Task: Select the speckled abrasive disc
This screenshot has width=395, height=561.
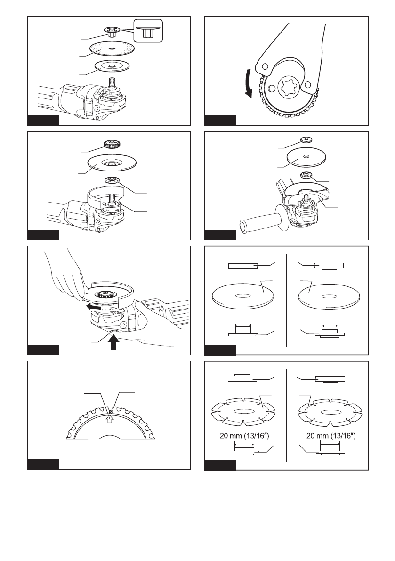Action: point(113,49)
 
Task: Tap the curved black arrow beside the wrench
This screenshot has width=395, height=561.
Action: point(249,85)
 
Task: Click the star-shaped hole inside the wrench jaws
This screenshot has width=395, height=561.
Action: point(288,89)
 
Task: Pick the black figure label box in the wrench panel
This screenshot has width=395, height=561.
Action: point(221,120)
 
